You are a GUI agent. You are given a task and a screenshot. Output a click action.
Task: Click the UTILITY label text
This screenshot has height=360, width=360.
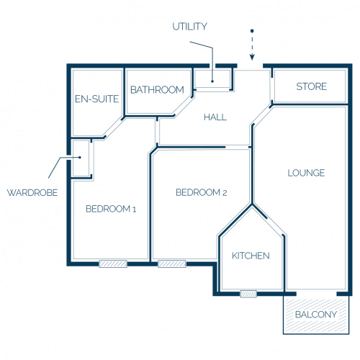point(190,27)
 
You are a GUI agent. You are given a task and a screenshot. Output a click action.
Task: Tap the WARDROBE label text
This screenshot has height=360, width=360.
point(32,193)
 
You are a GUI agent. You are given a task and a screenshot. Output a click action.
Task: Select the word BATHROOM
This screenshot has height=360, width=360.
point(157,90)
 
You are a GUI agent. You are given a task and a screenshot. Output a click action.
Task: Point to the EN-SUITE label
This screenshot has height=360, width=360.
point(96,99)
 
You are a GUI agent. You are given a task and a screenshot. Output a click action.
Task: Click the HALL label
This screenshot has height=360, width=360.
point(215,117)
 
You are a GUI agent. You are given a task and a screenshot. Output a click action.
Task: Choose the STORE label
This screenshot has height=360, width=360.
point(312,86)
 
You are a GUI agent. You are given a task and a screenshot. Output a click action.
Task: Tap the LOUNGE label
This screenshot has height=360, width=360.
point(306,173)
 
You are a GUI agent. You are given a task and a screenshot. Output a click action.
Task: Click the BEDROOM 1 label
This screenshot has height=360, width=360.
point(111,209)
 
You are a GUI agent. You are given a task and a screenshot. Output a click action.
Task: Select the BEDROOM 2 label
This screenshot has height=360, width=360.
point(202,192)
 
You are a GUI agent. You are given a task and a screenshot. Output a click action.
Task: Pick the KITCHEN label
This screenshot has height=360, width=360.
point(251,256)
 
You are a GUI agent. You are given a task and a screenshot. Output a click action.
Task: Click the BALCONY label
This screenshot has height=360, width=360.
point(316,315)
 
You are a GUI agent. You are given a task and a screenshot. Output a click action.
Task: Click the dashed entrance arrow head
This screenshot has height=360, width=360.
point(252,57)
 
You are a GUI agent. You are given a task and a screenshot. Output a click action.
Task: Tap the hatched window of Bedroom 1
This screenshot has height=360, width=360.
point(113,264)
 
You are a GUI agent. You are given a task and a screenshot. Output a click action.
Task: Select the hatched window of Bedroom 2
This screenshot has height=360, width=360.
point(172,264)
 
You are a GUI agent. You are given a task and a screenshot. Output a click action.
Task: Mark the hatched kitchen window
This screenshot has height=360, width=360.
point(248,294)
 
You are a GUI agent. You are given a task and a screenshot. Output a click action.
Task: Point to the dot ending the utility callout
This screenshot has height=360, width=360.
point(212,81)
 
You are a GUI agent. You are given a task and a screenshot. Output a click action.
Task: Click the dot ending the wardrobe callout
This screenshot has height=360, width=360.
point(80,158)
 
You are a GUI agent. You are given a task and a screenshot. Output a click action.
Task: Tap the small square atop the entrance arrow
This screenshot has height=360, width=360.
point(252,31)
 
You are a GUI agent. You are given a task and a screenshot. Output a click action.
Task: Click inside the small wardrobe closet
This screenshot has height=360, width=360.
point(81,158)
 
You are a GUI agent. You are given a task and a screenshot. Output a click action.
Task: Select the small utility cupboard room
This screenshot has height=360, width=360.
point(212,78)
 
